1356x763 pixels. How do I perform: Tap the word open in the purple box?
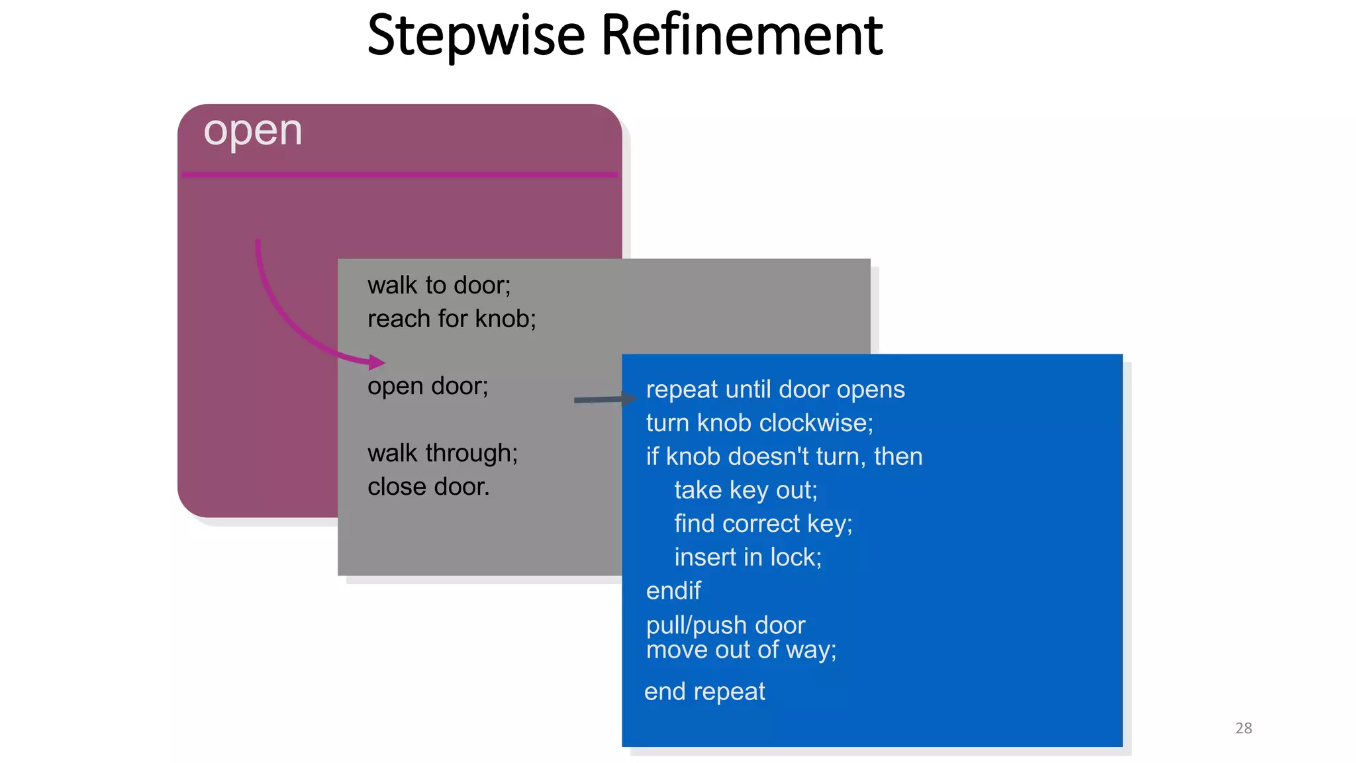(252, 131)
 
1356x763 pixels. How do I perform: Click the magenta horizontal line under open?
(400, 175)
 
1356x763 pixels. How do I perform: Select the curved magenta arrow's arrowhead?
(377, 362)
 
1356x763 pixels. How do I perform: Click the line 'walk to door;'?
(439, 285)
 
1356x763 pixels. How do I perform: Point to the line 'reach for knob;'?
(452, 319)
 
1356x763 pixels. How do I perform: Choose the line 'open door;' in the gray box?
(428, 386)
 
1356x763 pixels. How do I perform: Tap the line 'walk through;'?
(442, 453)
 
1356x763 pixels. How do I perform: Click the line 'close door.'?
(428, 487)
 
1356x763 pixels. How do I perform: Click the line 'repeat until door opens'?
(775, 389)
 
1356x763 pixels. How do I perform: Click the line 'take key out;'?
(746, 490)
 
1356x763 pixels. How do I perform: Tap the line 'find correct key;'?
(763, 524)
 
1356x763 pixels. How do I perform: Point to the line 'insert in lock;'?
(748, 558)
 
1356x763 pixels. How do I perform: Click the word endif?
(673, 591)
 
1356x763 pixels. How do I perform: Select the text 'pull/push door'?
(725, 625)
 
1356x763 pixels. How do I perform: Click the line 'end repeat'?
(704, 691)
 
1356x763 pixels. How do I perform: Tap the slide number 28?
(1243, 728)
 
